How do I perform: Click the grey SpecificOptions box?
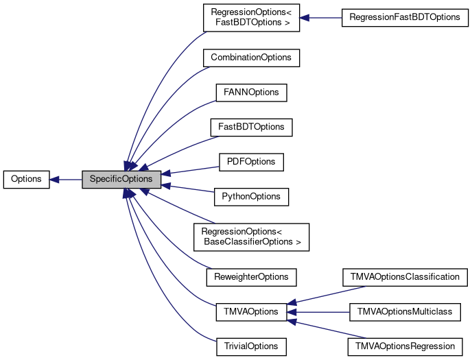point(121,180)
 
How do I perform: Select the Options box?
point(27,180)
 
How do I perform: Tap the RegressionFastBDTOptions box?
point(405,17)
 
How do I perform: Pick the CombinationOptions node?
point(251,58)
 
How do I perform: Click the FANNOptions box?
point(251,93)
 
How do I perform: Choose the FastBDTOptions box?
point(251,128)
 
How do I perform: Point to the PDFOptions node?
point(251,162)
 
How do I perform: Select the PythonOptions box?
point(251,197)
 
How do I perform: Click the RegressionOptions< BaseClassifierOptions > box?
point(251,237)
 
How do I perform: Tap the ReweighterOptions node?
point(251,277)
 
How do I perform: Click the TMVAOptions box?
point(251,312)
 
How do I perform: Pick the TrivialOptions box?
point(251,347)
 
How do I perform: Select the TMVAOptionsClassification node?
point(405,277)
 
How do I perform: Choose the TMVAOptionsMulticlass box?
point(405,312)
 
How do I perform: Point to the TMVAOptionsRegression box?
point(405,347)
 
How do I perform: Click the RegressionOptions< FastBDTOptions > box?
point(251,17)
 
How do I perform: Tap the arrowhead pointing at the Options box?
point(54,180)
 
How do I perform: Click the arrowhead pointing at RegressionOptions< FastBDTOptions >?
point(305,18)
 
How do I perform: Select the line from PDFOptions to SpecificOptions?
point(194,170)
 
